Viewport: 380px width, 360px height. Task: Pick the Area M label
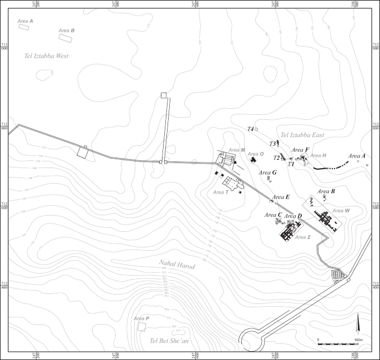(237, 150)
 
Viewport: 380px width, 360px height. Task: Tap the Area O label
(256, 154)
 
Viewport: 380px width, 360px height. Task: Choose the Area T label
(221, 192)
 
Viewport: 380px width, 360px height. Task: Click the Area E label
(280, 197)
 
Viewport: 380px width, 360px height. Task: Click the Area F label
(300, 150)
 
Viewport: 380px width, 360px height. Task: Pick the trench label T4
(251, 129)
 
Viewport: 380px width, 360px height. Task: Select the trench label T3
(273, 144)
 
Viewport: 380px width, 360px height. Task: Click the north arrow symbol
(358, 324)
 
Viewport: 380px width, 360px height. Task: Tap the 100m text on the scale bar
(358, 339)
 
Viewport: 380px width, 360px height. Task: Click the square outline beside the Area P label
(143, 327)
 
